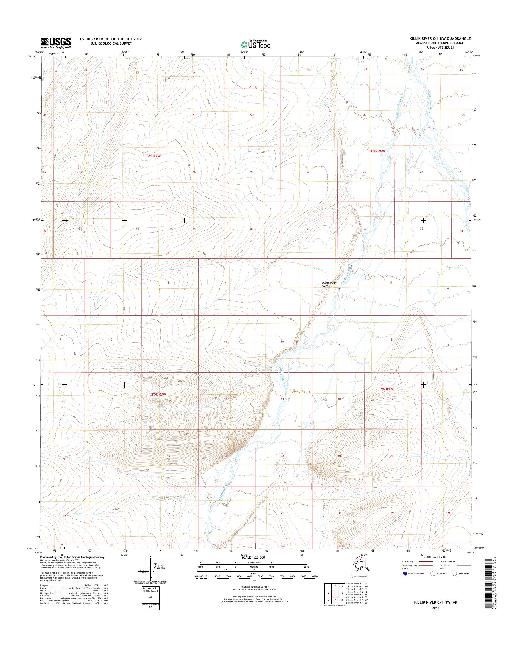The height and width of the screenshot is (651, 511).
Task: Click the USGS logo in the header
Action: pyautogui.click(x=56, y=43)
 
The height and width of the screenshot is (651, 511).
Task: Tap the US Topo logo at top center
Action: pyautogui.click(x=255, y=44)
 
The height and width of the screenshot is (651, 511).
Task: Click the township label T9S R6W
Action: pyautogui.click(x=385, y=389)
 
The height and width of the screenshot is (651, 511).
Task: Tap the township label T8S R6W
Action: pyautogui.click(x=378, y=151)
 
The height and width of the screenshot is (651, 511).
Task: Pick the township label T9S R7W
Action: pyautogui.click(x=159, y=395)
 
